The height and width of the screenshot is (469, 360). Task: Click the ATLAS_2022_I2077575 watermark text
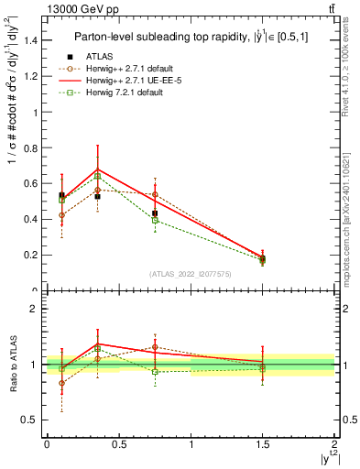pos(191,274)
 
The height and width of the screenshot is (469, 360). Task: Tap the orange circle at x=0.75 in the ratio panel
pos(155,347)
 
